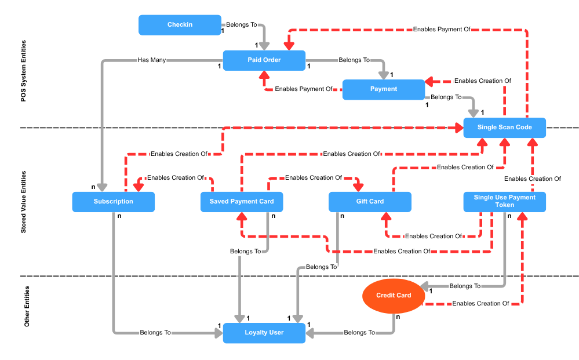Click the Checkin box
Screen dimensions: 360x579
(180, 25)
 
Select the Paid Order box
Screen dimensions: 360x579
(264, 60)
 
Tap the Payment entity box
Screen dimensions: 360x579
(384, 89)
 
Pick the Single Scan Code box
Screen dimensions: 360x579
(504, 128)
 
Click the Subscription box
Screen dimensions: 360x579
(114, 202)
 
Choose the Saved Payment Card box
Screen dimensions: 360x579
(242, 202)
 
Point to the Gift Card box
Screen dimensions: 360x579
(370, 202)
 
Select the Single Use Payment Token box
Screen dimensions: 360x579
(504, 201)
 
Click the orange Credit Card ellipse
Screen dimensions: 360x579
(394, 296)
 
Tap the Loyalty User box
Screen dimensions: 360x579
(264, 333)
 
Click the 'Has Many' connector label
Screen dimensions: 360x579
(151, 60)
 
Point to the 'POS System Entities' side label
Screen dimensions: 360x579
(24, 71)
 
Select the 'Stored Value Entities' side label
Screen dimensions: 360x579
(24, 202)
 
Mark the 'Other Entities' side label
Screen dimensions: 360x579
(27, 306)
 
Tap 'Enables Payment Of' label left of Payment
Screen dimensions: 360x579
(304, 89)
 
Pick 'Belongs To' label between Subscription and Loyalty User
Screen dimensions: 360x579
(155, 333)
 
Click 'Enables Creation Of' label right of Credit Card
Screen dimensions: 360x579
(480, 303)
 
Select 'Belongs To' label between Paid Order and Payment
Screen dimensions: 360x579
(354, 60)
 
